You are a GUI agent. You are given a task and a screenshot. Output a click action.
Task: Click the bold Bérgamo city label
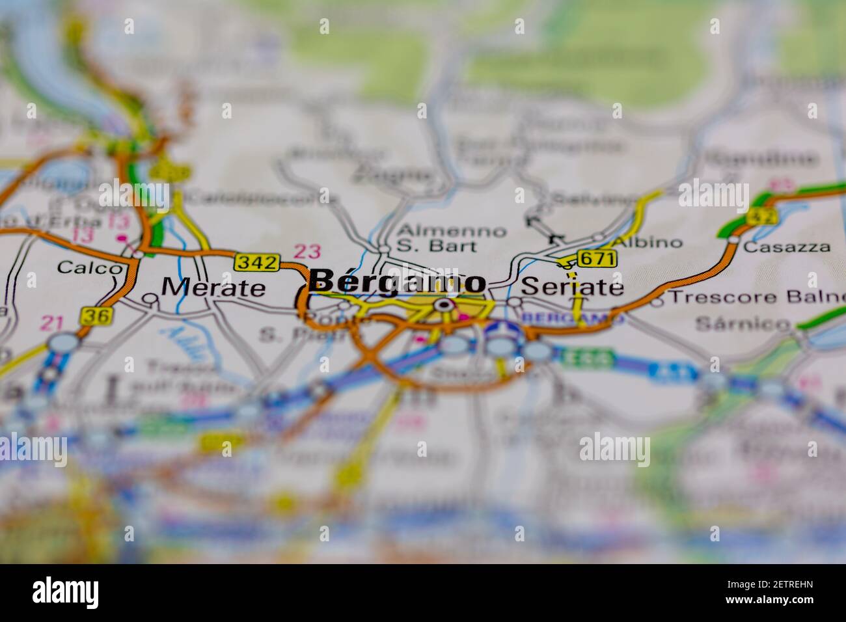coord(397,282)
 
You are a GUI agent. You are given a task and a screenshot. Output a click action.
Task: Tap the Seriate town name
coord(573,286)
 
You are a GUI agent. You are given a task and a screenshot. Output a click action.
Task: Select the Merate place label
coord(213,287)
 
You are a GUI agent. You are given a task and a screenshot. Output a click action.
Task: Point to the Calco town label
coord(89,267)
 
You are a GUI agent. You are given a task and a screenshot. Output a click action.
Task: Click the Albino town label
coord(648,242)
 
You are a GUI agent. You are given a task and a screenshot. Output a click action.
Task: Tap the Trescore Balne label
coord(755,297)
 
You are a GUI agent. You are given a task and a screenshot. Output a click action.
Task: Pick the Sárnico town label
coord(742,323)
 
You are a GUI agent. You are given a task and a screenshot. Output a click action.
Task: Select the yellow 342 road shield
coord(257,262)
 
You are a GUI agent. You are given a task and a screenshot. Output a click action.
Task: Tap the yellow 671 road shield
coord(596,258)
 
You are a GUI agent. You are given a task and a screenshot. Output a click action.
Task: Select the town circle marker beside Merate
coord(151,299)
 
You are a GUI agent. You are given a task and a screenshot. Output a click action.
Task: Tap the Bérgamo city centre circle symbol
coord(444,304)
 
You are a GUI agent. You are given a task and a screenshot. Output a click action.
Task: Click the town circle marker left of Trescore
coord(657,301)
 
